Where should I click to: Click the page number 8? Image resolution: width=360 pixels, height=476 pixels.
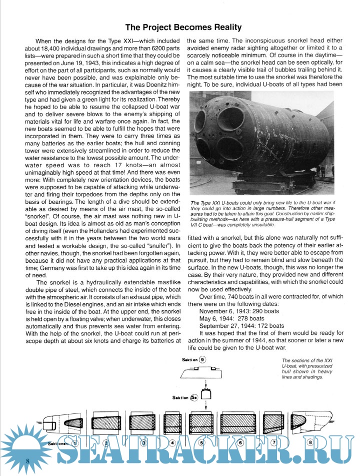point(28,459)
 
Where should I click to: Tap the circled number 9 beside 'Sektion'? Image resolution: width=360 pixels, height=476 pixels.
point(202,359)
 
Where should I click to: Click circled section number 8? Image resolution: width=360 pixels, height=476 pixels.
point(310,442)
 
